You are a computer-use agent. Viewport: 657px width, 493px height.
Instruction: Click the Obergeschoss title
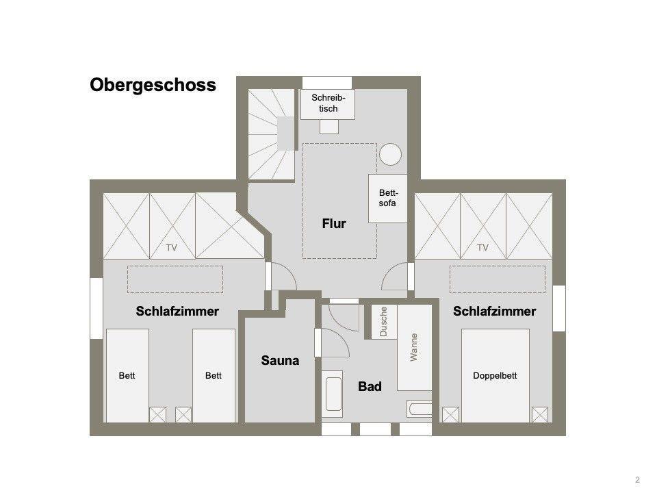153,85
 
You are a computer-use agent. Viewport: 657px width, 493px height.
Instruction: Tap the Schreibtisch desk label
328,103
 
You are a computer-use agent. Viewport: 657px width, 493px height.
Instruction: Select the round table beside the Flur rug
391,154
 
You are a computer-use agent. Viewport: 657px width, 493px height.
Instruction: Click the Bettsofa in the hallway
387,199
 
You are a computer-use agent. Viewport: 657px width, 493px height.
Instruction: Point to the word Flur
334,223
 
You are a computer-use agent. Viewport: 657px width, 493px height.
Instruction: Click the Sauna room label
280,361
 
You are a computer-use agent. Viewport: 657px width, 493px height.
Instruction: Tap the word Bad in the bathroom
370,386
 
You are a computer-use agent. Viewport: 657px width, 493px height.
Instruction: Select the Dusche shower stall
384,322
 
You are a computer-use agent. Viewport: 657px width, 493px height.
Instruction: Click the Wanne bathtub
415,348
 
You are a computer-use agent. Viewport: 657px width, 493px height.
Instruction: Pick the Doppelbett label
495,376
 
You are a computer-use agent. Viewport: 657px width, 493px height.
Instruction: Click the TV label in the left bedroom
171,248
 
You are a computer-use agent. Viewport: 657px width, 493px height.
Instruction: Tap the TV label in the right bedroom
482,248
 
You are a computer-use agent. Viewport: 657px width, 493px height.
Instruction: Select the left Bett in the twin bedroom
127,376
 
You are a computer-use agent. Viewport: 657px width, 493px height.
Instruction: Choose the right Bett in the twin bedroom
214,376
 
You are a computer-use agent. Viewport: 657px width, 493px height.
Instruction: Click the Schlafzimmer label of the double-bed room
494,312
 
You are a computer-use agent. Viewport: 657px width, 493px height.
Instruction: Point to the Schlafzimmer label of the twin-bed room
177,312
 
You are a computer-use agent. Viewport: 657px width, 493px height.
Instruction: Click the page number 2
638,480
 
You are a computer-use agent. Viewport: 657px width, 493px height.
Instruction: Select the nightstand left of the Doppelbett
450,415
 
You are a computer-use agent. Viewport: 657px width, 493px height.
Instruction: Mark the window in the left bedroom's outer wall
96,308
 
